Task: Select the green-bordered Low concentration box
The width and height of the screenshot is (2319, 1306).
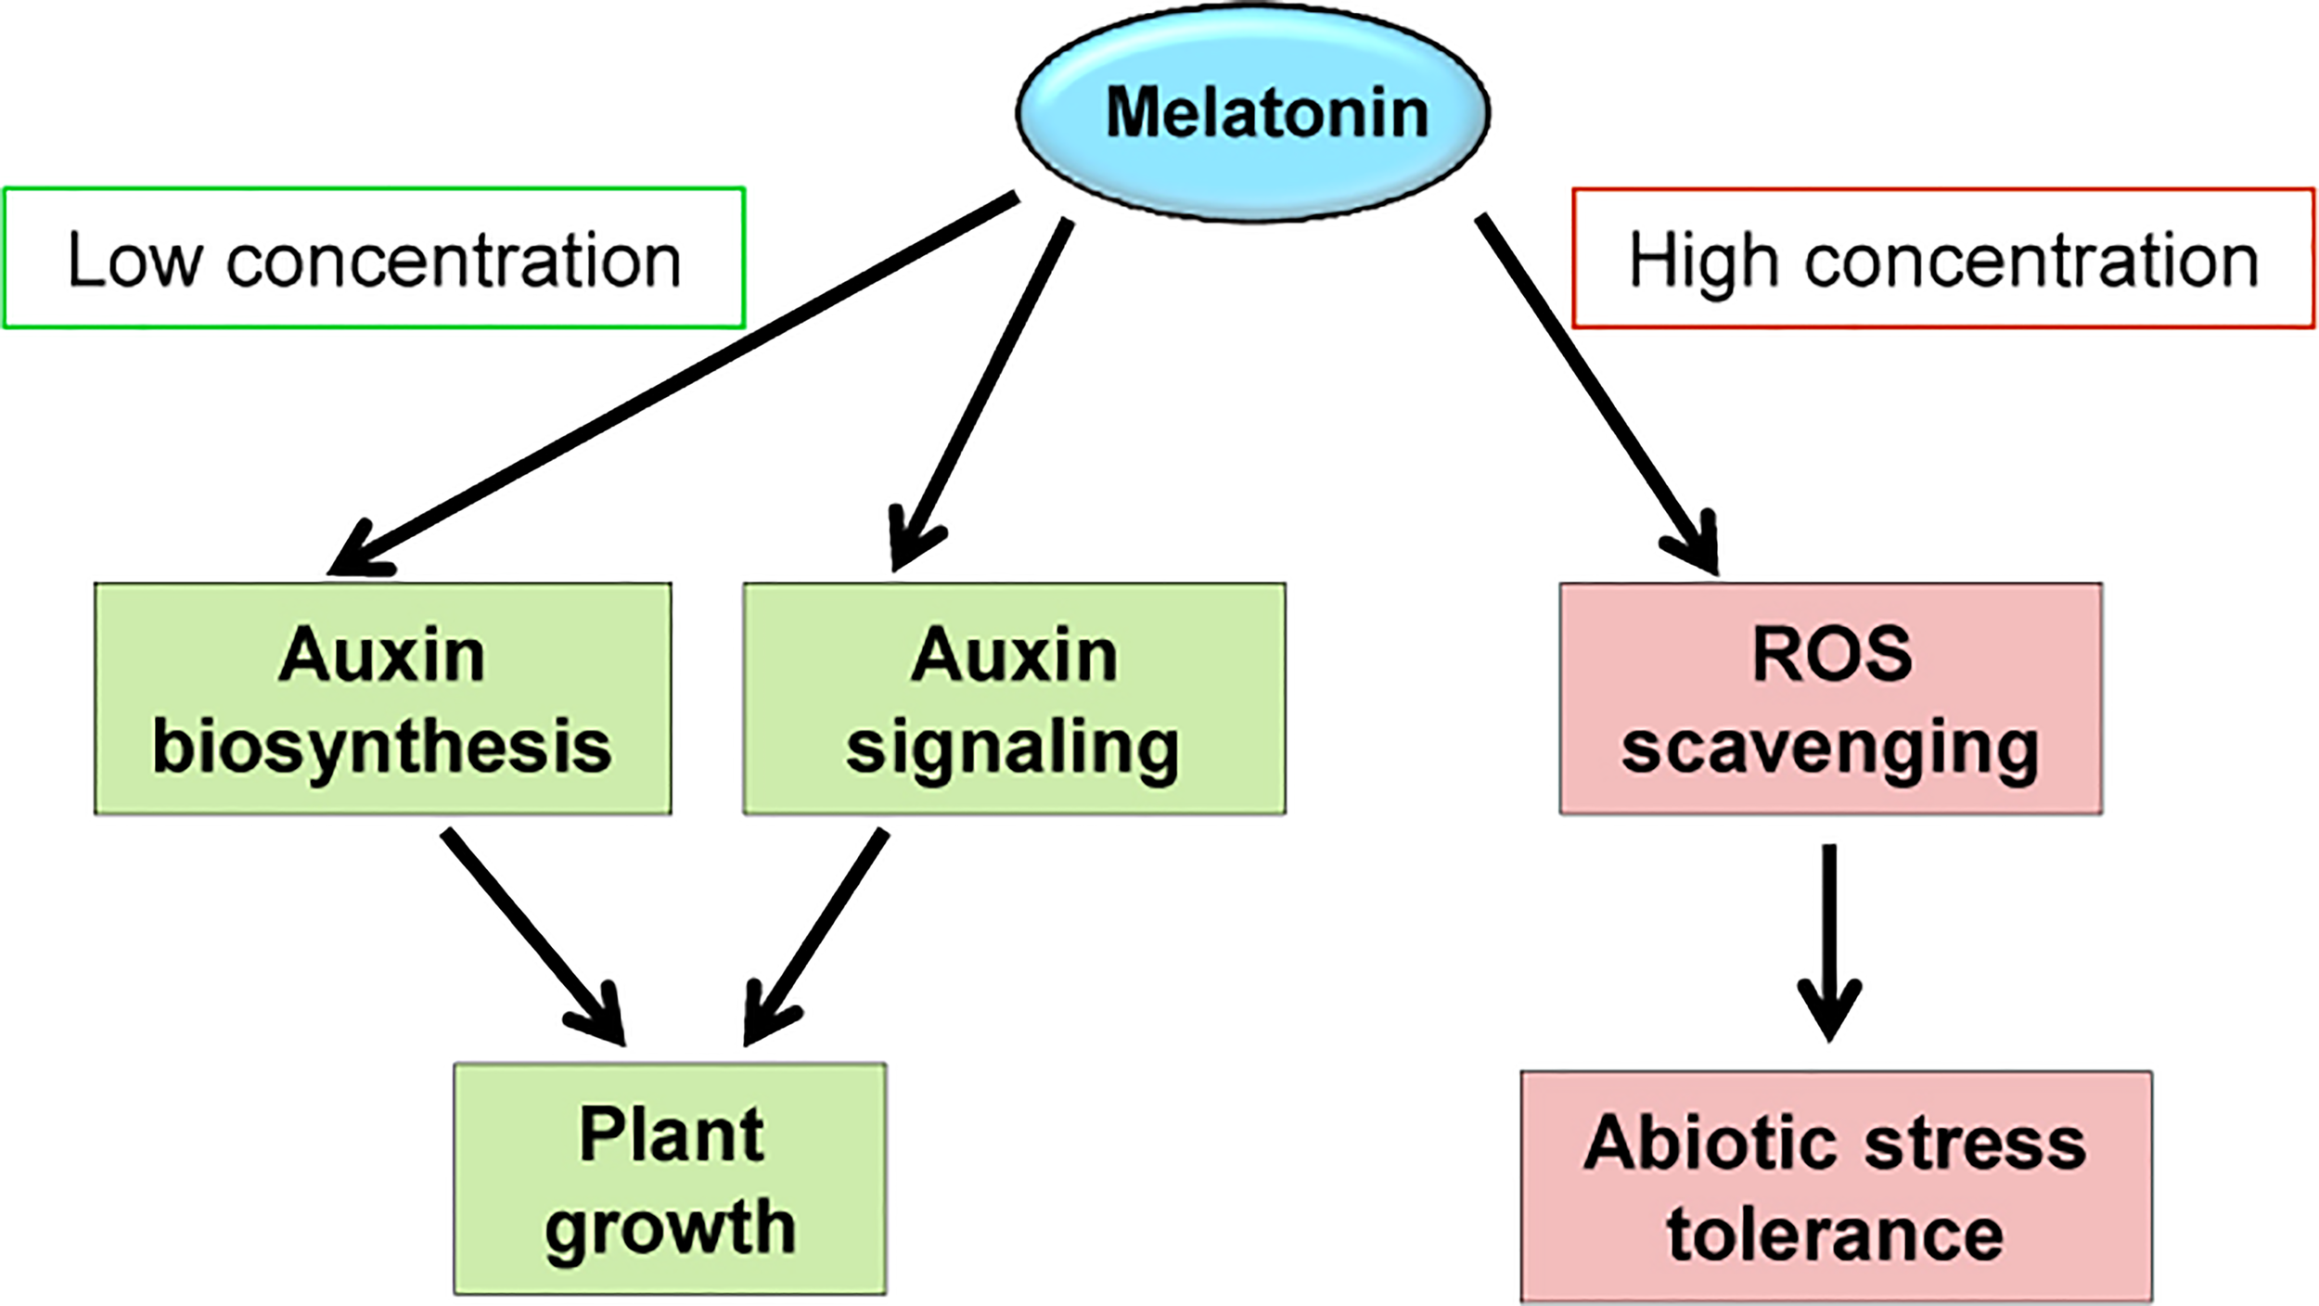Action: [x=373, y=258]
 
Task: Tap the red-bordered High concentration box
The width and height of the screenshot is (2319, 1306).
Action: [x=1943, y=258]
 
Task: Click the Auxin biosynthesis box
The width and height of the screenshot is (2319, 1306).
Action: [x=382, y=698]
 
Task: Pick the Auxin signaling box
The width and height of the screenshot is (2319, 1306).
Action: [x=1014, y=698]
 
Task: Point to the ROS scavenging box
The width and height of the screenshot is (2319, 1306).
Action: [x=1830, y=698]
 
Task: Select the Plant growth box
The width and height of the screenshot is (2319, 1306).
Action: [x=670, y=1178]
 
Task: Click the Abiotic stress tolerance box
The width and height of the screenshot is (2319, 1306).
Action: [x=1836, y=1186]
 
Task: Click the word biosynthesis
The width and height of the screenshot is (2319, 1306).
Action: [x=382, y=747]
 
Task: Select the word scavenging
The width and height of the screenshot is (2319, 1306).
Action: [x=1830, y=747]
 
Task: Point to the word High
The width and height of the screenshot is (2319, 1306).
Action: [x=1703, y=262]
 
